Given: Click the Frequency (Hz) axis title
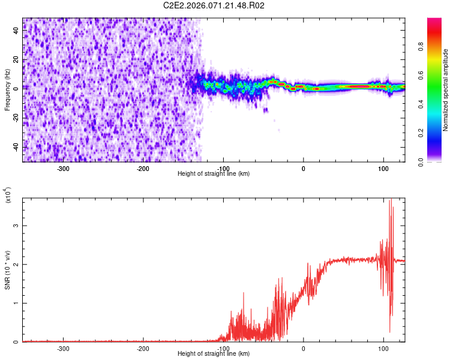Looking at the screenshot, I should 7,90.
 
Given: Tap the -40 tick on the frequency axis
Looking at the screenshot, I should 16,146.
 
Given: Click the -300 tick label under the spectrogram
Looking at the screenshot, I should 64,168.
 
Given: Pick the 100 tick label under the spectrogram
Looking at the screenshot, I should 383,168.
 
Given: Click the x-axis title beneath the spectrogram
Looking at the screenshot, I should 214,174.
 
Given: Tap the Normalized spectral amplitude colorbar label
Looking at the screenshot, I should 446,90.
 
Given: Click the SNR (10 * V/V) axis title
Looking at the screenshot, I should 7,270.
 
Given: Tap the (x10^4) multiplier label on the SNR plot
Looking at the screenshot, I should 8,196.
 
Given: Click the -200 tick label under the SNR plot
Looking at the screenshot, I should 143,349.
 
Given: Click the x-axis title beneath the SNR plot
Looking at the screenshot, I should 214,354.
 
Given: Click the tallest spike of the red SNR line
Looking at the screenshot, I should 391,200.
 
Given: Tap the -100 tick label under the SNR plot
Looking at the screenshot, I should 223,349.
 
